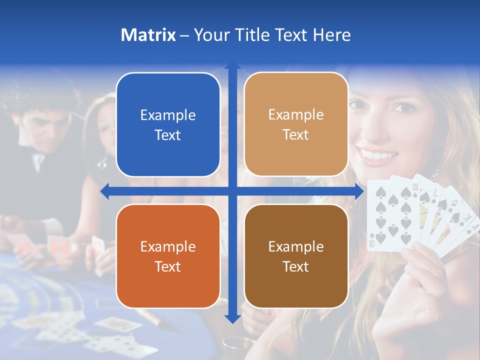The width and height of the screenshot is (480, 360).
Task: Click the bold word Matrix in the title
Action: [148, 35]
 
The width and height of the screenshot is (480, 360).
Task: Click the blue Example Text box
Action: [168, 125]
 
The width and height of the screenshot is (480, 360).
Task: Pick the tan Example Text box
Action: [296, 124]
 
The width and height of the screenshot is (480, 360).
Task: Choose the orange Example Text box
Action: [168, 256]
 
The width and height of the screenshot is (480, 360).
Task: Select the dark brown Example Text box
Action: [296, 256]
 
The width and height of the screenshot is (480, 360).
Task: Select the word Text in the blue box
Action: [168, 135]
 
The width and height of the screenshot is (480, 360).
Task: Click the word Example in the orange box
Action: [168, 246]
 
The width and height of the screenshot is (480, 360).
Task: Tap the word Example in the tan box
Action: [296, 114]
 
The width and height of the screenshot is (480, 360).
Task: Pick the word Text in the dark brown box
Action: [296, 266]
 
